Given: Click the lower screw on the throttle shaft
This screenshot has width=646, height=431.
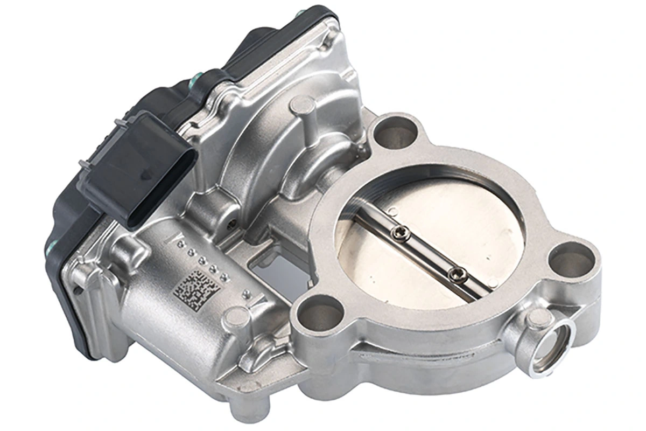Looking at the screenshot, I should point(457,274).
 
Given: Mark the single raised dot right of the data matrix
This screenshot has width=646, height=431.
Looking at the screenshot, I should point(247,294).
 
